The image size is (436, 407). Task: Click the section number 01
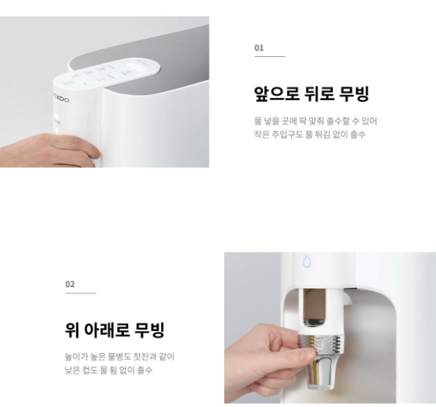[x=259, y=47]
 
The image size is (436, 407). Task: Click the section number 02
[x=70, y=284]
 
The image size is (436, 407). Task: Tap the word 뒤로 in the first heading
[x=321, y=94]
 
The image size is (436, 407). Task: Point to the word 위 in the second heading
[x=73, y=330]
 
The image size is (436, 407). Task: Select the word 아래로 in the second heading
[x=107, y=330]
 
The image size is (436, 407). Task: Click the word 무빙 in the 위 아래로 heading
[x=150, y=330]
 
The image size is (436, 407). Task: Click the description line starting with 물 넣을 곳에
[x=315, y=121]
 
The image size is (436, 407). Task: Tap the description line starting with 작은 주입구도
[x=309, y=134]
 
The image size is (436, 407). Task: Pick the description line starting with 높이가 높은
[x=119, y=356]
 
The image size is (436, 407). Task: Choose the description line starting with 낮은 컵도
[x=108, y=370]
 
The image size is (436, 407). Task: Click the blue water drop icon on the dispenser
[x=307, y=261]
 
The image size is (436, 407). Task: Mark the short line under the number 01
[x=269, y=56]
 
